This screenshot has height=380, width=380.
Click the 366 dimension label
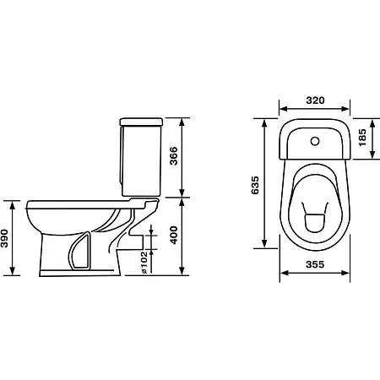[174, 155]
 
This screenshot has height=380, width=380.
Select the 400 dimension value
[174, 235]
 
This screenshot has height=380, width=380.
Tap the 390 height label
[4, 238]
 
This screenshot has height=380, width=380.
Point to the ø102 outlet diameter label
[144, 263]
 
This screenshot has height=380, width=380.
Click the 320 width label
[315, 100]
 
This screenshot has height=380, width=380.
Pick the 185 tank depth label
[362, 138]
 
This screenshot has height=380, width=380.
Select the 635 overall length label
[255, 185]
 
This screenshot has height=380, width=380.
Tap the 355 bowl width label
[315, 264]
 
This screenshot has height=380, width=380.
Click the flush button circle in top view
[315, 141]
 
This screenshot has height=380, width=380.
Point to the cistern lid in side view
[141, 122]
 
